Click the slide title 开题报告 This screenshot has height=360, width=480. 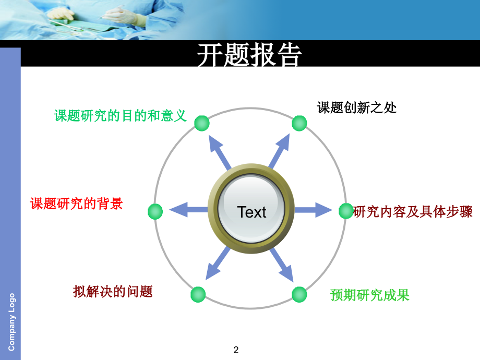coord(250,55)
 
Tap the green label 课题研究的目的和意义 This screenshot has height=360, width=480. coord(121,115)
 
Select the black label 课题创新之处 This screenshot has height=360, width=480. coord(357,107)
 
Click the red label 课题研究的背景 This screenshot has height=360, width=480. coord(77,203)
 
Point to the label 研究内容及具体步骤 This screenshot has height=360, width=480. coord(413,212)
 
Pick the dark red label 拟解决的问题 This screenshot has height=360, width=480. coord(113,291)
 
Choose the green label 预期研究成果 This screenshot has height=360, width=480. coord(370,295)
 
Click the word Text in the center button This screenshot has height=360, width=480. coord(251,212)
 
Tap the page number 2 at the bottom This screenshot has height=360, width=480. coord(236,350)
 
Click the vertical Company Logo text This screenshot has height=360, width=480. coord(12,321)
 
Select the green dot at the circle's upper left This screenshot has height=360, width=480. coord(202,123)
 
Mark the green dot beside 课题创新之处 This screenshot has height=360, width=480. coord(299,123)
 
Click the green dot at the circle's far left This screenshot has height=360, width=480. coord(155,211)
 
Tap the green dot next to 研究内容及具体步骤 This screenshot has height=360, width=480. coord(346,211)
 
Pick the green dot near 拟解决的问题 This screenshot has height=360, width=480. coord(198,294)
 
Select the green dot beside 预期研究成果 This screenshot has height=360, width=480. coord(299,294)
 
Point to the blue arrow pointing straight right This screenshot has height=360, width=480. coord(313,210)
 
